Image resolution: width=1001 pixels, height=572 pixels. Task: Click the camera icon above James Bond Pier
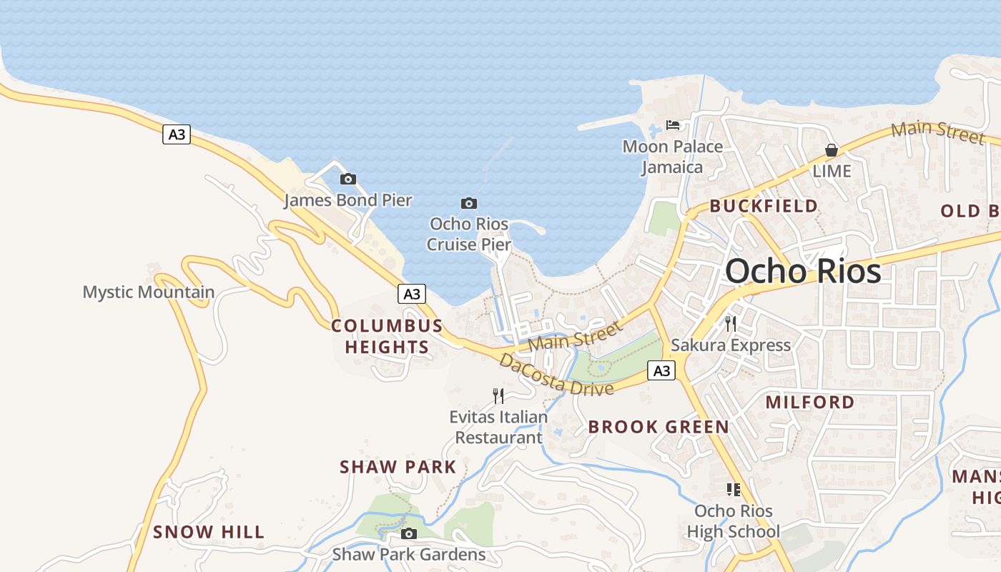(x=348, y=179)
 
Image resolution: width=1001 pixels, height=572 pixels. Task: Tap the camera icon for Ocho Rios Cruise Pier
(x=469, y=204)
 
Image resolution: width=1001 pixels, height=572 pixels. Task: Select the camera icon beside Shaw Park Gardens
(x=409, y=533)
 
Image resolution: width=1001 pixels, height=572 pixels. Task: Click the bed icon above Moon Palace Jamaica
(x=673, y=125)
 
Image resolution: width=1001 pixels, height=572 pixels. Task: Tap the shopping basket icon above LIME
(x=832, y=150)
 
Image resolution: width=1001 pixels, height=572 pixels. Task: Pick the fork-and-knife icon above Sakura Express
(x=731, y=324)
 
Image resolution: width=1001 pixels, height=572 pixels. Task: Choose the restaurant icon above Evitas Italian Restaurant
(x=498, y=395)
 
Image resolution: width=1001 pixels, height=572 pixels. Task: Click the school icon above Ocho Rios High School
(x=734, y=490)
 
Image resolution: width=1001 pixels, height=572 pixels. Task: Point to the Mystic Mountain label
(x=149, y=292)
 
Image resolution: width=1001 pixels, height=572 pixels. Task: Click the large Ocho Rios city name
(x=803, y=272)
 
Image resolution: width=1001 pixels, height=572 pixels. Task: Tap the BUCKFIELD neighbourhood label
(x=764, y=206)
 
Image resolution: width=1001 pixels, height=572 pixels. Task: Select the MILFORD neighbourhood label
(x=810, y=402)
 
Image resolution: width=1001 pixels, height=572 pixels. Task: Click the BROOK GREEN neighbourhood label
(x=659, y=427)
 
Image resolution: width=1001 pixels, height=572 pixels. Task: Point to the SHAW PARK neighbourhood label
(x=398, y=467)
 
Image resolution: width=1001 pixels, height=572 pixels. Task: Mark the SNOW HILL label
(x=209, y=532)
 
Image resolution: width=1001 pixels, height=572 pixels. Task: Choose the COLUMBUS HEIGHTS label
(x=387, y=336)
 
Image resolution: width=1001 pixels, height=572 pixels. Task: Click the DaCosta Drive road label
(x=556, y=375)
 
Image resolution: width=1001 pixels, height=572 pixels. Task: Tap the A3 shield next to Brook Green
(x=662, y=370)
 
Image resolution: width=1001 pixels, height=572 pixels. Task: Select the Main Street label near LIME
(x=938, y=132)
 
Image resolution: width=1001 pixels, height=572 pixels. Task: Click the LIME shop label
(x=832, y=171)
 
